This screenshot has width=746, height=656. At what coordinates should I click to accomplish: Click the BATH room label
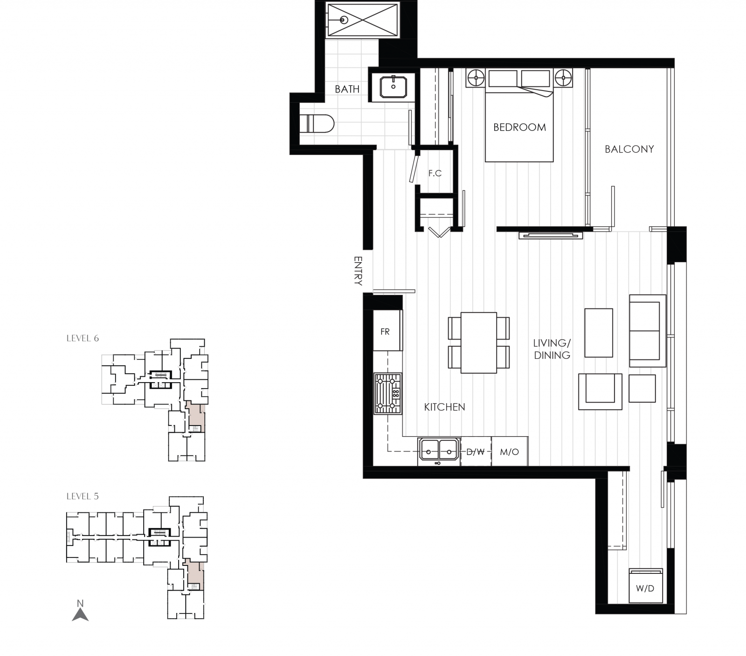pos(347,89)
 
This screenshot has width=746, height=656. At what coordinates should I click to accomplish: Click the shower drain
pos(344,20)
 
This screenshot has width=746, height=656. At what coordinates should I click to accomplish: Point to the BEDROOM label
pos(519,127)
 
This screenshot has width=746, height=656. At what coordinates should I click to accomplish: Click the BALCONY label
pos(629,149)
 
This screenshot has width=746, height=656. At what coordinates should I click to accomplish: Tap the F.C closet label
pos(435,173)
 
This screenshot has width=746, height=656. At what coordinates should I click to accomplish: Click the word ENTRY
pos(358,270)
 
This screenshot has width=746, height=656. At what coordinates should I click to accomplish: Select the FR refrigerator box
pos(386,332)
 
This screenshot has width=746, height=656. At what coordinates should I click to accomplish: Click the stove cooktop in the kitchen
pos(387,393)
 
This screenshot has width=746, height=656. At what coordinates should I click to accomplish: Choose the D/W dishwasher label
pos(476,452)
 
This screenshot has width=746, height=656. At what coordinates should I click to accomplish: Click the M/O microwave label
pos(509,452)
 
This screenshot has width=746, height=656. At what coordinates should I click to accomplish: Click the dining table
pos(478,342)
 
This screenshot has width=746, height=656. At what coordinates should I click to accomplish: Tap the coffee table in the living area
pos(598,333)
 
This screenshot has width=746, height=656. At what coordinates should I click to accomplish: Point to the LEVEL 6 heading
pos(83,338)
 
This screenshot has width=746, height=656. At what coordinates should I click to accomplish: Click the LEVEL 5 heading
pos(83,496)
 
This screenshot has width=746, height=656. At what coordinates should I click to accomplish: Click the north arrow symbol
pos(80,612)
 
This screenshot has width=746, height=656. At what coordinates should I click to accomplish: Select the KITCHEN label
pos(444,407)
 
